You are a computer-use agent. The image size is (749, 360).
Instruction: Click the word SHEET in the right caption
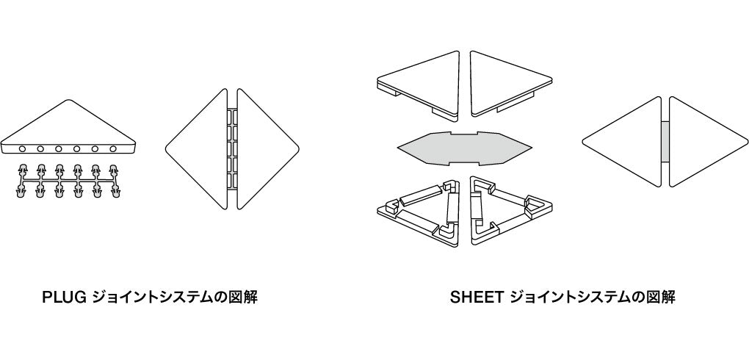click(477, 298)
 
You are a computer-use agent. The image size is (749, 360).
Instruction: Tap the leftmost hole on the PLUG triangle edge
click(23, 149)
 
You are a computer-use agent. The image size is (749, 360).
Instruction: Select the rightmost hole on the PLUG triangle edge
click(113, 149)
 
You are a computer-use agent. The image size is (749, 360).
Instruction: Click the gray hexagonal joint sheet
click(464, 148)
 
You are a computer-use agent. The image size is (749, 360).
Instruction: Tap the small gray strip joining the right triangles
click(665, 142)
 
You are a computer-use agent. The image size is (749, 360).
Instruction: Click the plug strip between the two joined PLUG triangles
click(232, 148)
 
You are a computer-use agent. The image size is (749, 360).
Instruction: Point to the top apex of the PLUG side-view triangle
click(68, 100)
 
